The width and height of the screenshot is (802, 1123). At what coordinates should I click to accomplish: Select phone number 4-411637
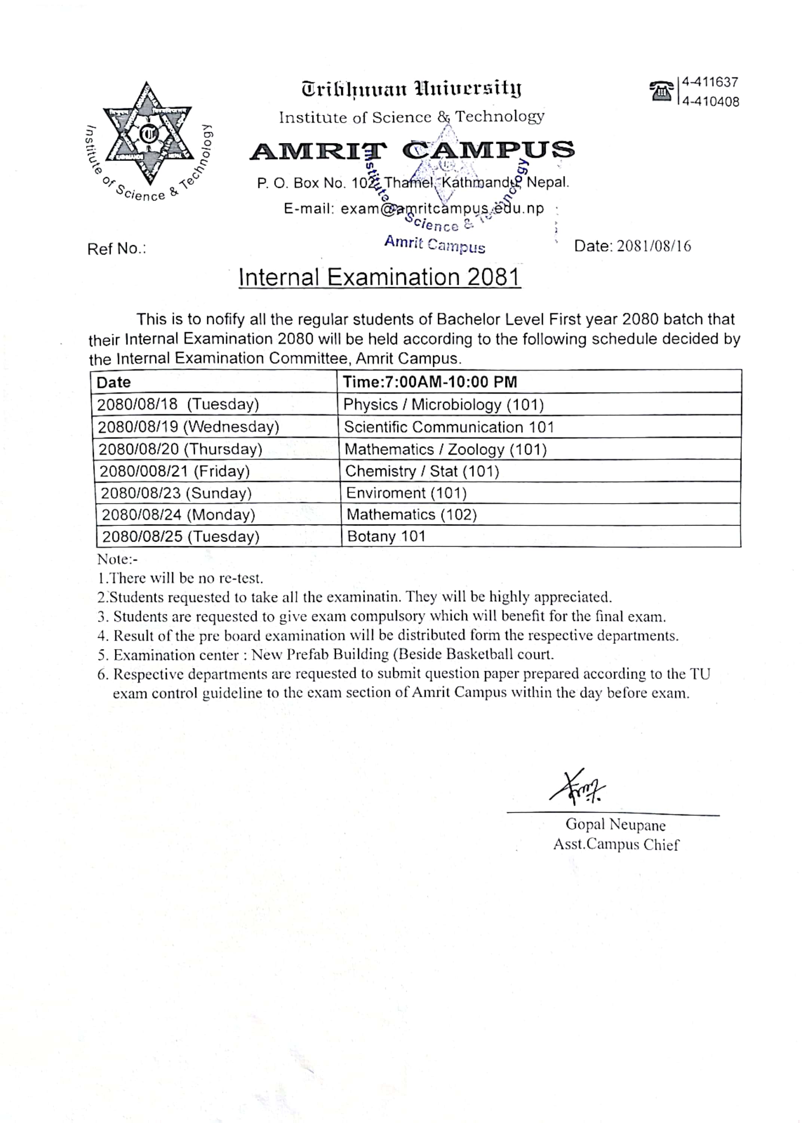[710, 82]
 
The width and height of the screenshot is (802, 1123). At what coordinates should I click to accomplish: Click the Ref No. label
[117, 249]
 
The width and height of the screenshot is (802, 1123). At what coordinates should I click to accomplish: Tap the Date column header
[114, 383]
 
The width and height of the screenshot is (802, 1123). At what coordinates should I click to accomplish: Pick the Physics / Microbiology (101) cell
[444, 405]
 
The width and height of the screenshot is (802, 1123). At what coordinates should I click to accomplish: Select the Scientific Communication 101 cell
[449, 427]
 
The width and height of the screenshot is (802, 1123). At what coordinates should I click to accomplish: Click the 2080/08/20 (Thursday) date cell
[180, 449]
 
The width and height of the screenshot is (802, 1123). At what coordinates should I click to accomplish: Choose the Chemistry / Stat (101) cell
[422, 471]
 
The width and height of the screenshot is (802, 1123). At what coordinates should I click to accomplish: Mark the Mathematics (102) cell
[411, 515]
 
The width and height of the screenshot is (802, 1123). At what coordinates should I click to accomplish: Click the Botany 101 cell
[386, 536]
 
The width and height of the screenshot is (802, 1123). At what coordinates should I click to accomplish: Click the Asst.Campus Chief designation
[616, 844]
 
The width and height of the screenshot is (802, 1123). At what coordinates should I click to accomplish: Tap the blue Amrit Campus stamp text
[435, 244]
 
